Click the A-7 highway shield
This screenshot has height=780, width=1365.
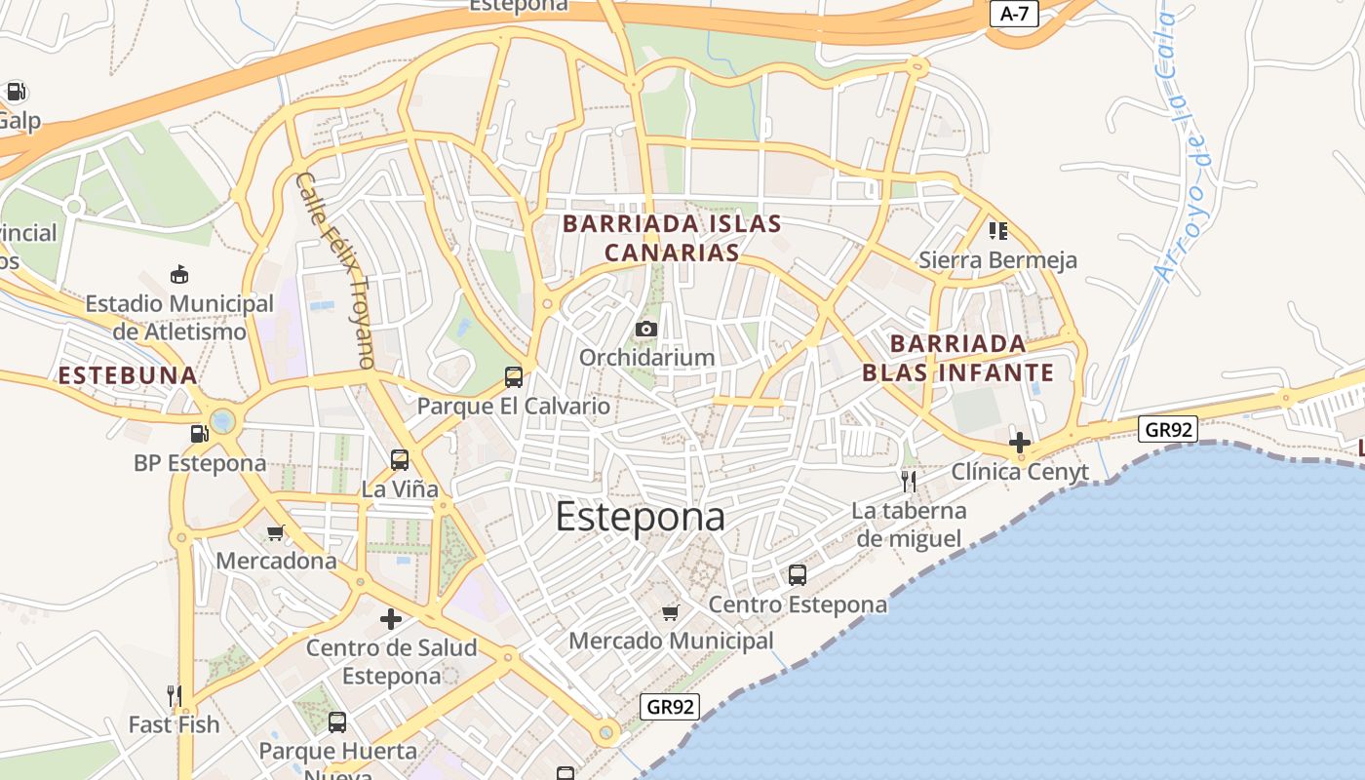click(x=1015, y=14)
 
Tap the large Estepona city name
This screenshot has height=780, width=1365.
click(x=640, y=518)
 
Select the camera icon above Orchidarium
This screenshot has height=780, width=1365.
click(x=645, y=330)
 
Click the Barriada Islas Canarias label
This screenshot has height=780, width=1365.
click(x=673, y=238)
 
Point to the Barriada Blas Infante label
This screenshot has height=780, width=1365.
click(x=958, y=358)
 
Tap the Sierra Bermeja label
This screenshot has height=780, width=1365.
click(x=997, y=260)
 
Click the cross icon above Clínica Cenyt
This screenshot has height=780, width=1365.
click(x=1020, y=443)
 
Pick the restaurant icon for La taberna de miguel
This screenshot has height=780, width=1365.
click(x=909, y=481)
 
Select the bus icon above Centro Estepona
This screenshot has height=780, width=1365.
click(x=798, y=575)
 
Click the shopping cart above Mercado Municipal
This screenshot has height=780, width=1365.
click(x=670, y=612)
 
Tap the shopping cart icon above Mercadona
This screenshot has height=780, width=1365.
click(x=276, y=532)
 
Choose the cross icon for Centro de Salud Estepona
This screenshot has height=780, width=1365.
click(x=391, y=619)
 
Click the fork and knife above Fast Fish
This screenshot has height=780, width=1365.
click(x=175, y=695)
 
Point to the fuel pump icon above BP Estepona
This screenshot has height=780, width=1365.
click(x=199, y=434)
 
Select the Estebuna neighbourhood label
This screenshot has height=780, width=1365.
click(x=128, y=375)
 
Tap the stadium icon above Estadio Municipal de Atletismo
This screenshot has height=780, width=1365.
click(x=178, y=275)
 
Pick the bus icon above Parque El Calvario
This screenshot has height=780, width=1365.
click(x=513, y=377)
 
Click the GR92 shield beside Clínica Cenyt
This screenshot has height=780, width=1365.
click(x=1168, y=429)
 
